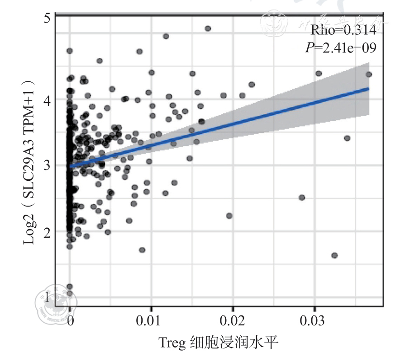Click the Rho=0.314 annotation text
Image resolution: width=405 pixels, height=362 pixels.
[343, 31]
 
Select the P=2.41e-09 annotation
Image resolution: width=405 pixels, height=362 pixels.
[341, 47]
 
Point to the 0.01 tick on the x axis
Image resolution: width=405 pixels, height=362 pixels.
[151, 322]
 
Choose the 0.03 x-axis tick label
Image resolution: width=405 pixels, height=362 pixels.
[315, 322]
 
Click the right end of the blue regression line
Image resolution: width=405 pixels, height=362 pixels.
[369, 88]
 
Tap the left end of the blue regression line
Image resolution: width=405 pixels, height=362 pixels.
[70, 166]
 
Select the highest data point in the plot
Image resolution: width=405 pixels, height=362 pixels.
[208, 28]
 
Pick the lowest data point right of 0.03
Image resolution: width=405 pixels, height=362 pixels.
[334, 255]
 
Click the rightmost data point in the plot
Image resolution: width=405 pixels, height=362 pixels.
[369, 74]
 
